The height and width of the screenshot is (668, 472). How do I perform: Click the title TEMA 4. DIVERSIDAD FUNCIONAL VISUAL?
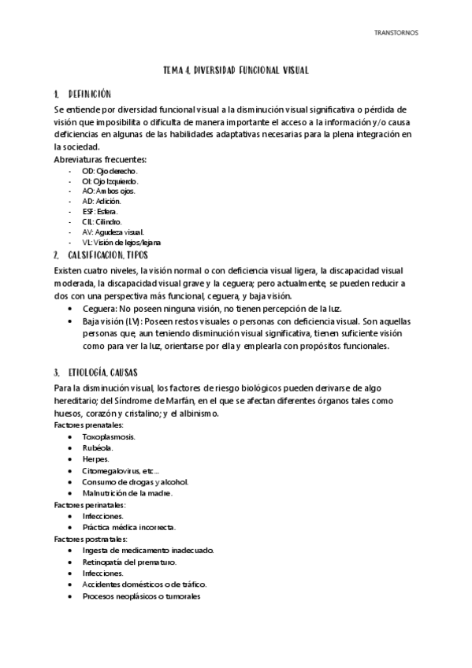pyautogui.click(x=236, y=71)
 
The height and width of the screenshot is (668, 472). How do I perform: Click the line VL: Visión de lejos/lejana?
pyautogui.click(x=121, y=242)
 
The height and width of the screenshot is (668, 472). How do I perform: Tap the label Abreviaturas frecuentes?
pyautogui.click(x=100, y=160)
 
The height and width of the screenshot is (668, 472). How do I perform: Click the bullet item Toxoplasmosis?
pyautogui.click(x=109, y=436)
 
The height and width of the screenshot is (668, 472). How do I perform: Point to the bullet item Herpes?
pyautogui.click(x=95, y=459)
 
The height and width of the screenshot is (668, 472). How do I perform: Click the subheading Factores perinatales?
pyautogui.click(x=90, y=504)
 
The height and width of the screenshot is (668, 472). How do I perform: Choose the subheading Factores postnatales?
pyautogui.click(x=91, y=539)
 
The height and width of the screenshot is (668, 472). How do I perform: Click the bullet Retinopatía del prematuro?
pyautogui.click(x=129, y=562)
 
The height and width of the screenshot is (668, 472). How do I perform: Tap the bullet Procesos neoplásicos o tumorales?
pyautogui.click(x=141, y=596)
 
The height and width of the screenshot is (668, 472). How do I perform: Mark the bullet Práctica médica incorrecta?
pyautogui.click(x=128, y=527)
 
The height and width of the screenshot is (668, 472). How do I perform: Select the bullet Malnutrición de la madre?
pyautogui.click(x=127, y=493)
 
